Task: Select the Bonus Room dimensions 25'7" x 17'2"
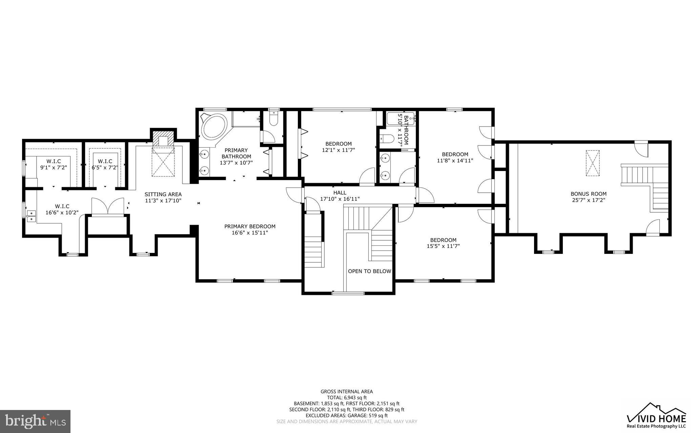click(x=588, y=200)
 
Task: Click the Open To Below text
click(x=369, y=271)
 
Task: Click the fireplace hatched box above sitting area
click(x=163, y=139)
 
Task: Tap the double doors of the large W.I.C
click(x=108, y=206)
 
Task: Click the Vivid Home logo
click(x=656, y=416)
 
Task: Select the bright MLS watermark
click(x=35, y=421)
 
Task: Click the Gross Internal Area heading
click(x=346, y=392)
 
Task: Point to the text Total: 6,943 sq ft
click(x=346, y=398)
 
